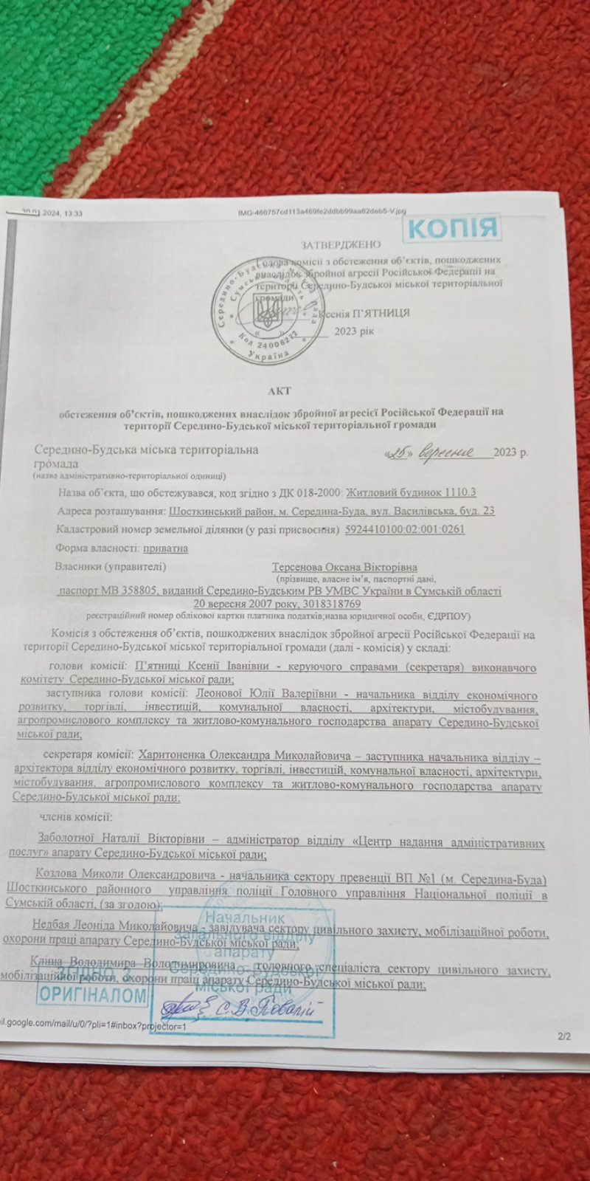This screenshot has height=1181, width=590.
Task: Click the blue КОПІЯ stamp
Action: [452, 227]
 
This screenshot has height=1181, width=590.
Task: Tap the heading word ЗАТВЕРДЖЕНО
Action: [340, 244]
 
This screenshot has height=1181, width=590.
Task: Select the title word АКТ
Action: [280, 390]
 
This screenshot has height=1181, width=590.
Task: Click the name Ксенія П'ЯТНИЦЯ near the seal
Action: [364, 312]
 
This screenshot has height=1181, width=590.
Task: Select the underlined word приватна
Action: [165, 548]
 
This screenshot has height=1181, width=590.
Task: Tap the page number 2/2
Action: [565, 1036]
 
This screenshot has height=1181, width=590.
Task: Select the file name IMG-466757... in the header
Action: [322, 211]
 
